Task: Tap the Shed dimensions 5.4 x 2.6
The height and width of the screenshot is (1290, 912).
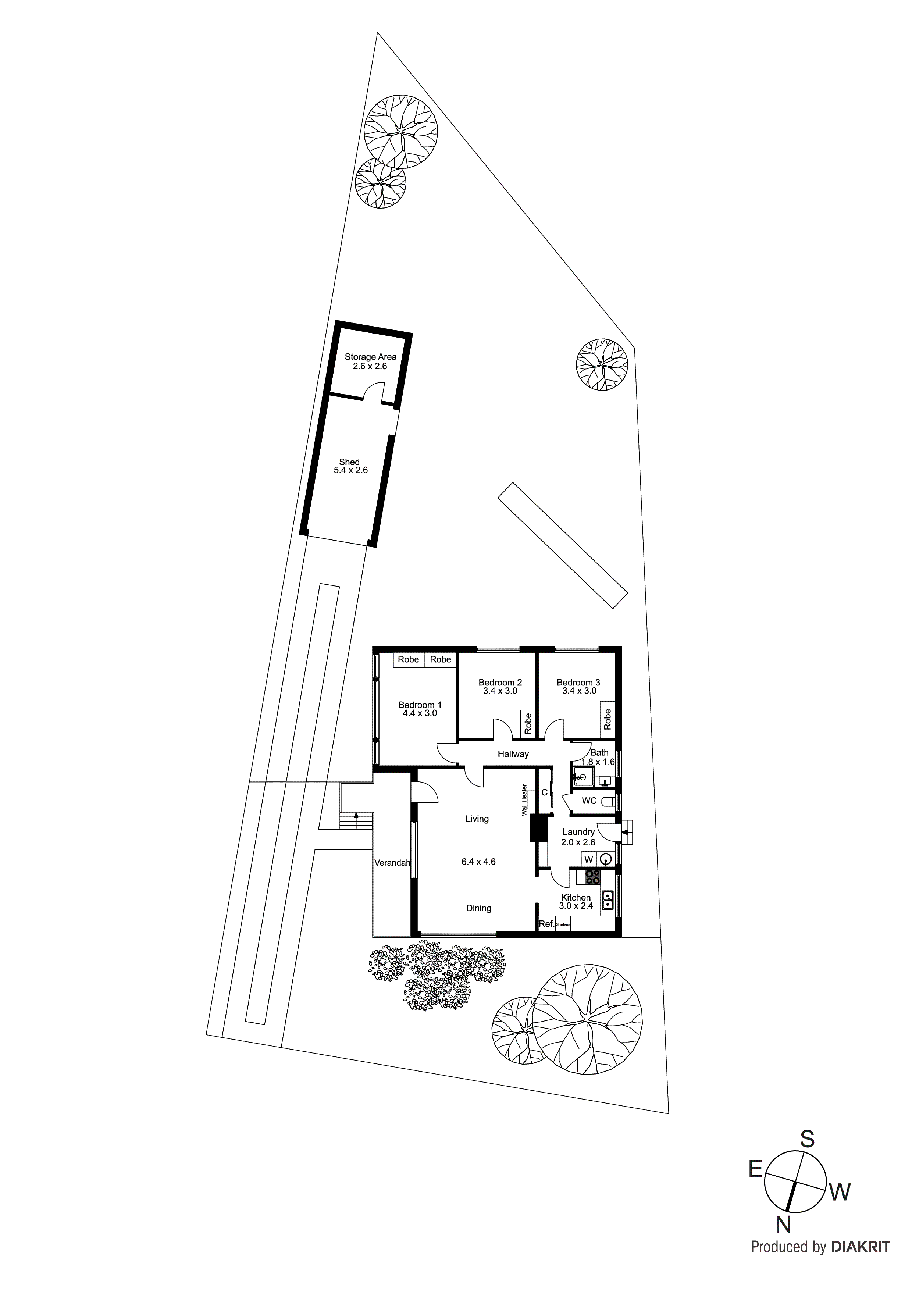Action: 350,470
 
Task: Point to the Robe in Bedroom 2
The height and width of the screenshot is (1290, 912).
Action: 528,723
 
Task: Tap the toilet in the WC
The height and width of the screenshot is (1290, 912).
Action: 608,801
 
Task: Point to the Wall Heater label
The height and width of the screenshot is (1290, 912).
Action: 524,800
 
